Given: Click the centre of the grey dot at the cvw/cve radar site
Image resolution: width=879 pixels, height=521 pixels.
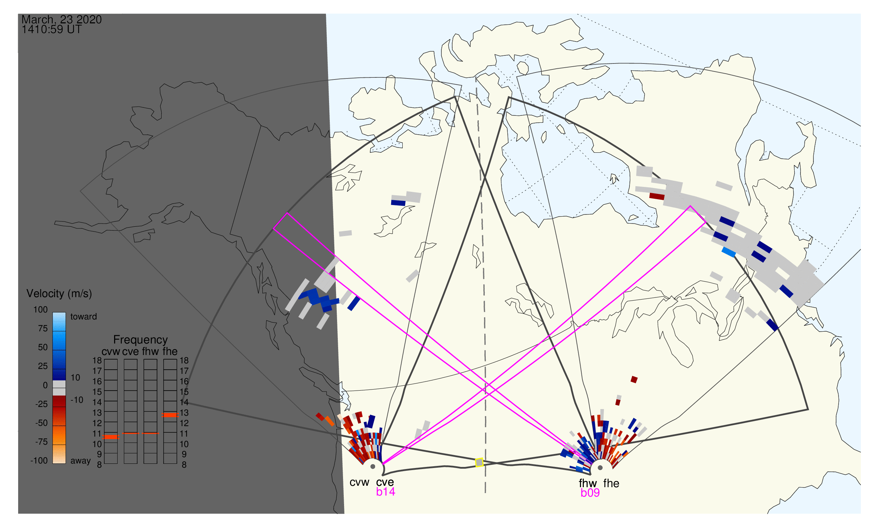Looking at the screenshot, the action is pos(373,467).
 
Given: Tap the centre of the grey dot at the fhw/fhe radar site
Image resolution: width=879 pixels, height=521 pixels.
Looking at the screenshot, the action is pos(600,468).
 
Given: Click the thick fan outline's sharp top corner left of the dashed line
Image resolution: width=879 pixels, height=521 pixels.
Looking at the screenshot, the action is pos(455,96).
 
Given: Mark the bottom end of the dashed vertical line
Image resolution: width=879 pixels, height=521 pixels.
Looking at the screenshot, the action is pos(485,492).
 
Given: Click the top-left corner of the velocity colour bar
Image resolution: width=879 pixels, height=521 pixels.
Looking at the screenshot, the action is pos(53,312).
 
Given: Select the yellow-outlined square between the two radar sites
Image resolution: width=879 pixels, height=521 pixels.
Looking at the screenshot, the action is pos(479,463).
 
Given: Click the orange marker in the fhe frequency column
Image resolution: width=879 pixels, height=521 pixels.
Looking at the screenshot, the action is pos(170,415).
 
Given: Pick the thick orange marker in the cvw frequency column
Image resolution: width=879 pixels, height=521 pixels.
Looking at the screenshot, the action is pos(111,437).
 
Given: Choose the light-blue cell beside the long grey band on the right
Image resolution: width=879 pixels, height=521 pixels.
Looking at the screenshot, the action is pos(729,252).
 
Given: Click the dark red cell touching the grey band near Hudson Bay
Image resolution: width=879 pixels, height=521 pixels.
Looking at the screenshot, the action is pos(657,196).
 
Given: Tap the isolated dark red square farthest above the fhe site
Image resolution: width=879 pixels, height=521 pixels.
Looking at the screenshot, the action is pos(634,379).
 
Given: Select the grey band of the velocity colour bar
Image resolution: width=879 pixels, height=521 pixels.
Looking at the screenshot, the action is pos(59,388).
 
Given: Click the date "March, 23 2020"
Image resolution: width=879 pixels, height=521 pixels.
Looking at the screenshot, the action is pos(61,19).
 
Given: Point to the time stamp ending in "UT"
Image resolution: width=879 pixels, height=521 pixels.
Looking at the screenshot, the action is pos(52,30).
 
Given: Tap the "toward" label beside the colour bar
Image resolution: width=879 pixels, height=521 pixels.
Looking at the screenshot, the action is pos(84,317).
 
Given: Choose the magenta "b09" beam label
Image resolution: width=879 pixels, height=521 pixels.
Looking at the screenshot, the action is pos(590,493).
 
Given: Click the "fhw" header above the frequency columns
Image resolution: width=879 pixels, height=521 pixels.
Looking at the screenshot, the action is pos(150,352).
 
